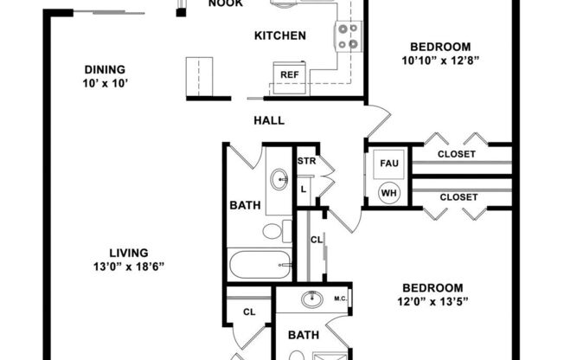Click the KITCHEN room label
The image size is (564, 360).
click(x=280, y=35)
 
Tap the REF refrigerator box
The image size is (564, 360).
click(x=290, y=78)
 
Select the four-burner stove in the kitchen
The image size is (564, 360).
click(x=349, y=36)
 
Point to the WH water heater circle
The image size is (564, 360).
click(x=388, y=193)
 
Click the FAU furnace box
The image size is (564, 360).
click(x=388, y=164)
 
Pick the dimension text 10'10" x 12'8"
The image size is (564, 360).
click(x=440, y=61)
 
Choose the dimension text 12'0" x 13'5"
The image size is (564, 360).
click(x=433, y=301)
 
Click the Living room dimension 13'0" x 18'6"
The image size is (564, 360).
click(x=129, y=267)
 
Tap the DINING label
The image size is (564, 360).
click(x=105, y=69)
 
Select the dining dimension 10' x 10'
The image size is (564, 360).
click(x=106, y=84)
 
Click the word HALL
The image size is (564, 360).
click(x=269, y=120)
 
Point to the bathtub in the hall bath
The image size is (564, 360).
click(x=260, y=265)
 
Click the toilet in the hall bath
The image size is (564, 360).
click(x=277, y=231)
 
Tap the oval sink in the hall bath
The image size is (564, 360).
click(x=279, y=179)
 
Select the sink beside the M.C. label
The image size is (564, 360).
click(x=312, y=299)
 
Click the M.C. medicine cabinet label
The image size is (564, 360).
click(x=341, y=299)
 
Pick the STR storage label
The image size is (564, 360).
click(x=306, y=161)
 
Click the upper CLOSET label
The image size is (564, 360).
click(x=457, y=154)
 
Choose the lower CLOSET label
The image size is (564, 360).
click(x=458, y=197)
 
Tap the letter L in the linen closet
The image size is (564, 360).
click(x=304, y=189)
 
